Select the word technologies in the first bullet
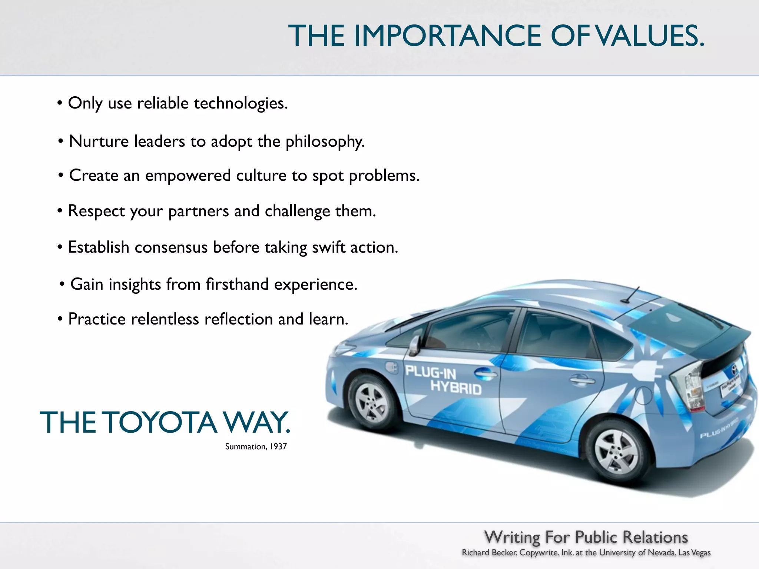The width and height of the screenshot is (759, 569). coord(241,103)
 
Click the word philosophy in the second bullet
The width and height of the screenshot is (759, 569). coord(325,142)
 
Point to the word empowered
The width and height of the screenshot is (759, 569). coord(188,176)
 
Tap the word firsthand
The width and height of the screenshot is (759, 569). coord(237,284)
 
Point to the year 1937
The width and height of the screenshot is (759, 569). coord(278,447)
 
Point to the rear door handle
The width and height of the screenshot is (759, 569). coord(582,379)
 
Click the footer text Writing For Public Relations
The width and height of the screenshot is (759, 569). coord(586,537)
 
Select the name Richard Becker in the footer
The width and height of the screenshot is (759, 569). coord(489,553)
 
